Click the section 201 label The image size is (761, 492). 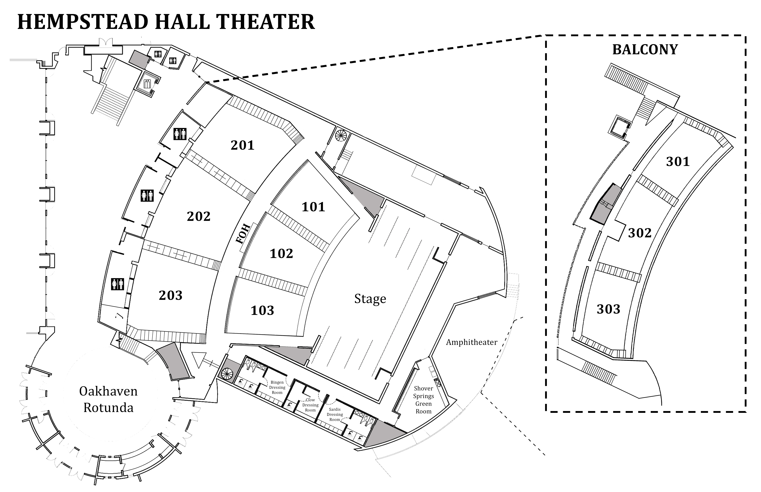[x=242, y=145]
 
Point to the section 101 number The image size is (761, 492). [x=313, y=207]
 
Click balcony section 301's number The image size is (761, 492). [x=678, y=162]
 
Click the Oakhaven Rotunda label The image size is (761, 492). [x=108, y=399]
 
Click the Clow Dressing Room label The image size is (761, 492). [x=310, y=405]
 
